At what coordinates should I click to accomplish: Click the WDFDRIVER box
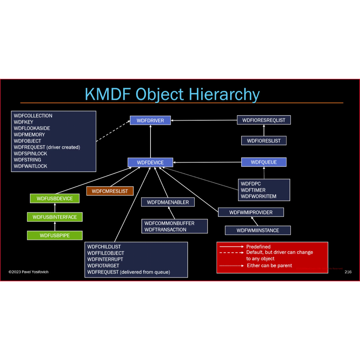coord(150,121)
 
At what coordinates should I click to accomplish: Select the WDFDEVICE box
coord(150,162)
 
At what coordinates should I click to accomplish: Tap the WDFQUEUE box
coord(264,162)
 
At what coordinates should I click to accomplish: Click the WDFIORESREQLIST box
coord(264,120)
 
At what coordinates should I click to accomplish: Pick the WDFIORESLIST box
coord(264,141)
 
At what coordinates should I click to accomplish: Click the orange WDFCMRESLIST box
coord(110,191)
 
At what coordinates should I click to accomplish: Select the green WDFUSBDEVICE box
coord(54,199)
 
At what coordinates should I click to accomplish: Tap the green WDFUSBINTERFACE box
coord(54,217)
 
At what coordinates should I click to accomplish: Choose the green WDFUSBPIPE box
coord(54,236)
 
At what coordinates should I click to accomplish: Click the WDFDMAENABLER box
coord(168,202)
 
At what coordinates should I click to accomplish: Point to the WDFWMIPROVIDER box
coord(251,212)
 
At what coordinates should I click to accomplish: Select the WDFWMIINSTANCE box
coord(258,231)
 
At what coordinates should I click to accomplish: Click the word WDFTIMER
coord(253,190)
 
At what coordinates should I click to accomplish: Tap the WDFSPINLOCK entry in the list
coord(31,154)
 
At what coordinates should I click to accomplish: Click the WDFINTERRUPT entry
coord(105,259)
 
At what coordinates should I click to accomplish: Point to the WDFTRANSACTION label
coord(165,230)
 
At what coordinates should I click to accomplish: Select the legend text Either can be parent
coord(269,265)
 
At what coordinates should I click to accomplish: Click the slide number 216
coord(348,272)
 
